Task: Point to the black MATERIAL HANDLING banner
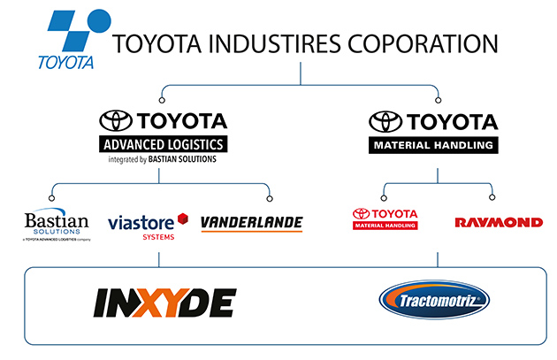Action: click(x=433, y=144)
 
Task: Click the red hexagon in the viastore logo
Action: click(x=183, y=218)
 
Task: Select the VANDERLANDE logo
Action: click(x=251, y=223)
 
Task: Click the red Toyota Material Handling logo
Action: click(x=385, y=218)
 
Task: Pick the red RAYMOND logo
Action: click(x=499, y=222)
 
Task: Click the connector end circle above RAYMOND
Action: click(x=492, y=196)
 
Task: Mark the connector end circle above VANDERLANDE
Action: click(x=270, y=196)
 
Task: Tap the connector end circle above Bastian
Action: click(x=53, y=196)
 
